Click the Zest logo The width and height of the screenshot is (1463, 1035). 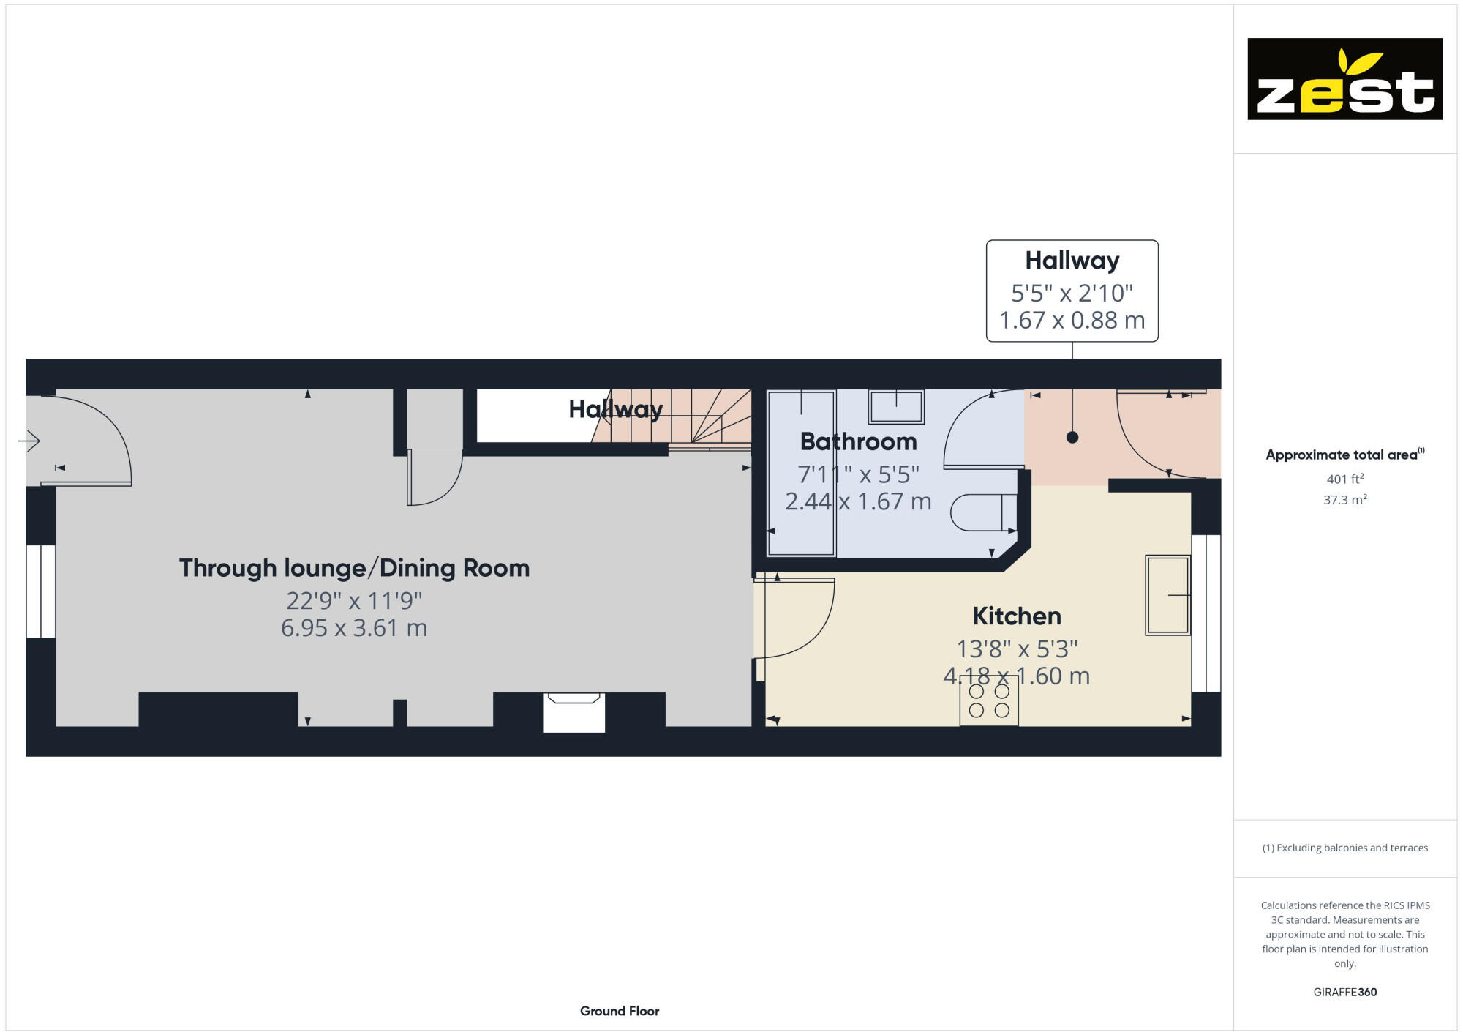(x=1344, y=79)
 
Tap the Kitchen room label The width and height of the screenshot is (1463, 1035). (x=1016, y=616)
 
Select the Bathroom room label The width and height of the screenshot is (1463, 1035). (x=858, y=442)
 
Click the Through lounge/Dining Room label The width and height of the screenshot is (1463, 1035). (x=354, y=568)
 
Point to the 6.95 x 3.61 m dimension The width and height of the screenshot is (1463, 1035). (x=354, y=628)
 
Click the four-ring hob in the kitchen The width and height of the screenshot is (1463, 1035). (x=989, y=700)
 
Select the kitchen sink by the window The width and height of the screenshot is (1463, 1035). (x=1167, y=594)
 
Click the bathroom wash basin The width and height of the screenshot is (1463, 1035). (x=896, y=406)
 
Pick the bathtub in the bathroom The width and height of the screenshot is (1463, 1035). (x=801, y=473)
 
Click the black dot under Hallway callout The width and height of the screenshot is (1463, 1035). (x=1072, y=438)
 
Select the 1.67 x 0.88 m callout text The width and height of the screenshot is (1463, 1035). (x=1072, y=321)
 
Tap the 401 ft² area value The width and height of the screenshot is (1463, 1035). (x=1344, y=479)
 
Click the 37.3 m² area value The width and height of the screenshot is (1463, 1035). (x=1344, y=500)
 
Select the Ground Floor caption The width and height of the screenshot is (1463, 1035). (x=620, y=1011)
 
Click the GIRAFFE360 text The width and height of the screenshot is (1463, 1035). (x=1344, y=993)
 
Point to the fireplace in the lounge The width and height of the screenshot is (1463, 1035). (x=573, y=711)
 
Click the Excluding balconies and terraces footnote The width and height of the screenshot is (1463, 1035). (x=1344, y=848)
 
